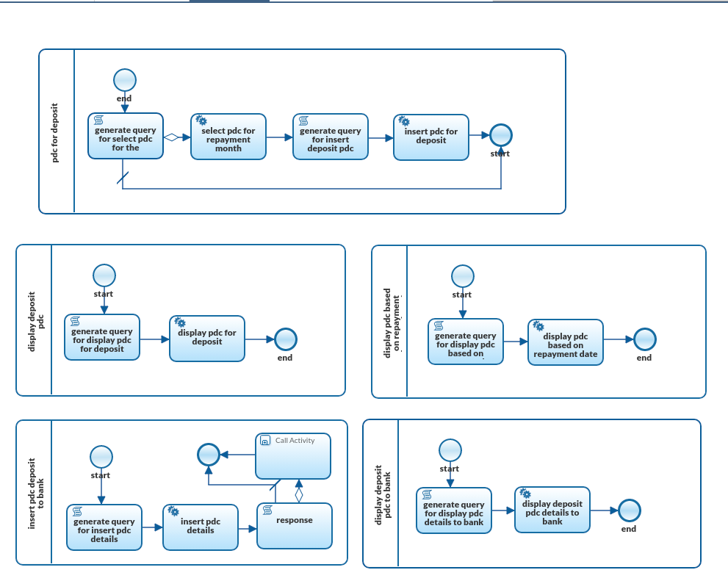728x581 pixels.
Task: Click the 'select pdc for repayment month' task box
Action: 228,137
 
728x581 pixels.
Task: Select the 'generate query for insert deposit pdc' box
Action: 330,137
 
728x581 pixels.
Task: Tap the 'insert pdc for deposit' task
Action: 430,137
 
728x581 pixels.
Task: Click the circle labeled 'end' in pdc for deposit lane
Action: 125,80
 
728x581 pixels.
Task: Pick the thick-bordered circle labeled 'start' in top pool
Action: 501,135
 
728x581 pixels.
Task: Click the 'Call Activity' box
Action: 292,456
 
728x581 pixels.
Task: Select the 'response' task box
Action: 294,525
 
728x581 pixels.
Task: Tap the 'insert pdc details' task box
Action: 200,527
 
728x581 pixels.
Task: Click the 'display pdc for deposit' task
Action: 206,339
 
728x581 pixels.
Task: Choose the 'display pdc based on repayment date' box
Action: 565,342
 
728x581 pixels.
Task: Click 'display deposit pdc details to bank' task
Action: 552,510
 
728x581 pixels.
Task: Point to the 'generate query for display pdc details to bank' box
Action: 453,510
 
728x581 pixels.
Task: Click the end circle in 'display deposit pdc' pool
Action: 285,339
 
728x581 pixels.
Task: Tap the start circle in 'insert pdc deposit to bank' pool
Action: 101,457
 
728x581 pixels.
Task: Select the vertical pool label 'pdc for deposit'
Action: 56,132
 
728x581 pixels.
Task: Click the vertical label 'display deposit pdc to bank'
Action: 383,494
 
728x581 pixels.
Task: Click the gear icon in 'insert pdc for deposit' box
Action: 404,121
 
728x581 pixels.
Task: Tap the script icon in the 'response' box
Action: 267,510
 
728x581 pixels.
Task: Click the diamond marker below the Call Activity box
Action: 298,495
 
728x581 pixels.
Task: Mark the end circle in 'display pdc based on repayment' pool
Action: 644,339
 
